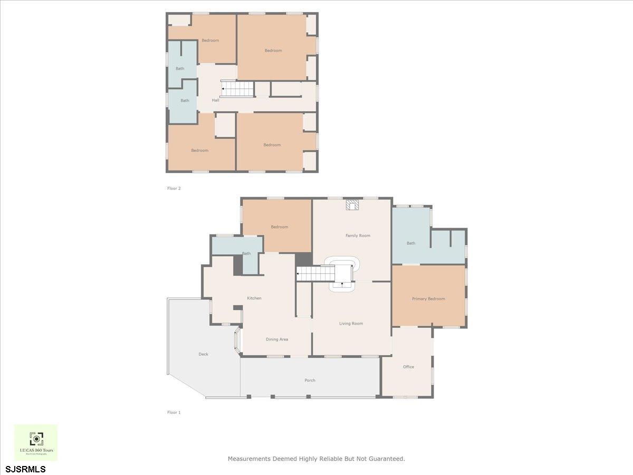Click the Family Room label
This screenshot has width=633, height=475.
358,235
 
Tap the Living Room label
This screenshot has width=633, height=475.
351,324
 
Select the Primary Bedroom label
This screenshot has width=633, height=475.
428,299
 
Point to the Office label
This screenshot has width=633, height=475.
408,367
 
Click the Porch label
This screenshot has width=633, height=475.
310,380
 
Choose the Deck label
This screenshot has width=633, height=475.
203,354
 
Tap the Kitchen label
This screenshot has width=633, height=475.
254,298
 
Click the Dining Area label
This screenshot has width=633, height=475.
276,339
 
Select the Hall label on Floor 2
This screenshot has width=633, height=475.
215,100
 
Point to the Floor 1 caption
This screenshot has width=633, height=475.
174,412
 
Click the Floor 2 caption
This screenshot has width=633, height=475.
174,188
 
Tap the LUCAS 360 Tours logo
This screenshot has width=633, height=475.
36,442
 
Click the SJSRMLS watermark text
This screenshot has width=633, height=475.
25,469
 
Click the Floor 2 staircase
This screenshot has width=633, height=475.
237,89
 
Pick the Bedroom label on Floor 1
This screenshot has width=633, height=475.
279,227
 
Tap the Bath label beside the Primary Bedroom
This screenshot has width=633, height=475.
411,243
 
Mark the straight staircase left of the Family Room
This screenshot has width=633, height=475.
315,274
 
